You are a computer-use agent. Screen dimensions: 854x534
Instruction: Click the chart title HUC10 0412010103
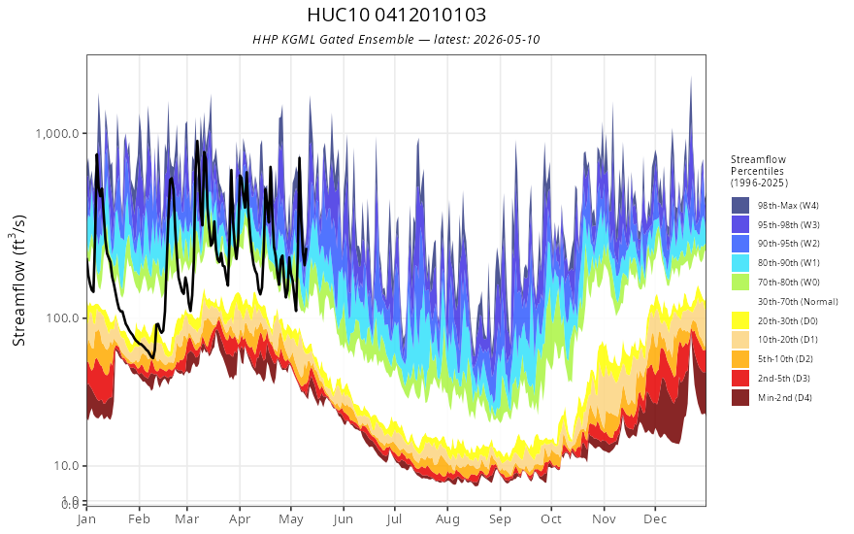396,15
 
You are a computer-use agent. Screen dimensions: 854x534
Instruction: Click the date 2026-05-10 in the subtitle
507,39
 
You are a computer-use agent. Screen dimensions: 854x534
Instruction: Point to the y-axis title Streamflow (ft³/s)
18,280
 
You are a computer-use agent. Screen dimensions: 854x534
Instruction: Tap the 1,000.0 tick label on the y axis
57,134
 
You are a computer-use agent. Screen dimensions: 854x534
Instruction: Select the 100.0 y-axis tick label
63,317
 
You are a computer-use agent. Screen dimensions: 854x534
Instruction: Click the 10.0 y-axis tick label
66,465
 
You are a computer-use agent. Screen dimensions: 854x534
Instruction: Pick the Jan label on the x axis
86,519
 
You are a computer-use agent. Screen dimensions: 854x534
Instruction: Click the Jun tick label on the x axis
344,519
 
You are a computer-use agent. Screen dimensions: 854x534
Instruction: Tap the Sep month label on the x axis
500,519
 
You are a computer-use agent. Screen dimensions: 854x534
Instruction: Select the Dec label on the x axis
655,519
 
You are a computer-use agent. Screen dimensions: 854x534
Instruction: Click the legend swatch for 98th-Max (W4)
740,206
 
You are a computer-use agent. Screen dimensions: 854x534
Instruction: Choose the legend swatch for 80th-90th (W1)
740,263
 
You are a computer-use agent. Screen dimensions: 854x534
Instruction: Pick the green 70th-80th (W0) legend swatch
740,283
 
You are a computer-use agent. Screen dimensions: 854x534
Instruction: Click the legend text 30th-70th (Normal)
798,302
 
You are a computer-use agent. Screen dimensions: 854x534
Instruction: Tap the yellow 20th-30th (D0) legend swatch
740,320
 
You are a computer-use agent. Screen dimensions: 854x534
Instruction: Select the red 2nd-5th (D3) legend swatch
740,378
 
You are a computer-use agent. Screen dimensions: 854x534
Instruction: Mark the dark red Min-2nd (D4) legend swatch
740,397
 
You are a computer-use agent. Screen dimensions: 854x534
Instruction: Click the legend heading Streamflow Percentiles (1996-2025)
759,171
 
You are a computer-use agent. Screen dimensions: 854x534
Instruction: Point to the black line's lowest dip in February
152,357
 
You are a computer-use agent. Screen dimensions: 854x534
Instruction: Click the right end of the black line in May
306,249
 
